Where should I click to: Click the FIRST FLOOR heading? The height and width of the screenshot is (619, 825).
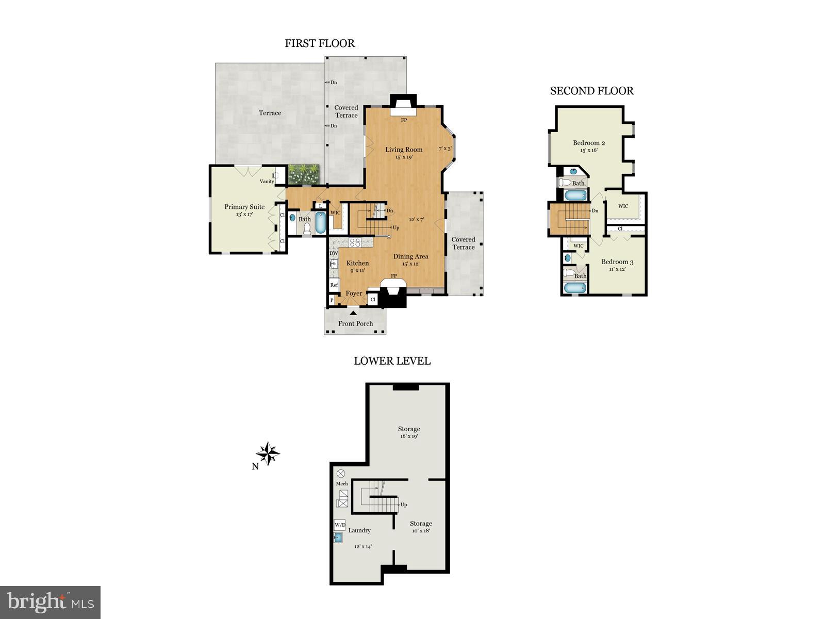(320, 43)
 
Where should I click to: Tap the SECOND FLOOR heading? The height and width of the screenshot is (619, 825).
(591, 91)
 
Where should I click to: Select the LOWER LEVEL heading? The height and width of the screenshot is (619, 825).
(392, 361)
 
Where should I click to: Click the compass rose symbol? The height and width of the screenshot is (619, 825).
(268, 454)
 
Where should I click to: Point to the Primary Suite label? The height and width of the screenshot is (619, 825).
(244, 207)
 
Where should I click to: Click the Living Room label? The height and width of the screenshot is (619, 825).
(404, 150)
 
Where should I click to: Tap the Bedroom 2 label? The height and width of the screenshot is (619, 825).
(589, 143)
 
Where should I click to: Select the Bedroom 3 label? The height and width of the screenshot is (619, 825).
(617, 262)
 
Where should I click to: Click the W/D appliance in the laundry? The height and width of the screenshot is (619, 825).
(340, 525)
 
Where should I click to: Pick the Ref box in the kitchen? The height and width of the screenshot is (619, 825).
(334, 285)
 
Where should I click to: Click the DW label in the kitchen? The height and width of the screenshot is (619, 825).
(334, 253)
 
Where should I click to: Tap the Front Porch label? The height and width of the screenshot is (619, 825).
(355, 323)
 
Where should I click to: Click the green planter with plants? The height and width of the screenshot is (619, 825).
(304, 174)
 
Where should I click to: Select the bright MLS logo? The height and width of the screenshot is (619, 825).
(50, 601)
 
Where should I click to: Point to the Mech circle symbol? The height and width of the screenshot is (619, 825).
(341, 473)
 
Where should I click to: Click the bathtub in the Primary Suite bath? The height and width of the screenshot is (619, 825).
(320, 223)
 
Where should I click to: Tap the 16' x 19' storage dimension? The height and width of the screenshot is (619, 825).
(409, 436)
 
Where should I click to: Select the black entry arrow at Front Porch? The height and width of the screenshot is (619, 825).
(353, 313)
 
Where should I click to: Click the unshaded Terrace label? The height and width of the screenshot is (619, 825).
(270, 113)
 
